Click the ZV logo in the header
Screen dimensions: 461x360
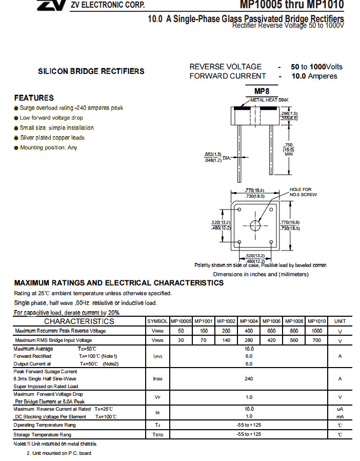pyautogui.click(x=51, y=5)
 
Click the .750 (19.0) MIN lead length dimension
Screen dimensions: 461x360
pyautogui.click(x=289, y=149)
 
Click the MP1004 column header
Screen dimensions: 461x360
pyautogui.click(x=249, y=321)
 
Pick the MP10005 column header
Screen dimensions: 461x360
pyautogui.click(x=181, y=321)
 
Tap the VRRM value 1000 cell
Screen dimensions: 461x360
pyautogui.click(x=316, y=331)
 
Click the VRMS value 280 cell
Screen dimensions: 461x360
pyautogui.click(x=249, y=340)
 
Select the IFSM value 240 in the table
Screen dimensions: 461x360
pyautogui.click(x=249, y=378)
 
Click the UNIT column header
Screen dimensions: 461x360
pyautogui.click(x=340, y=321)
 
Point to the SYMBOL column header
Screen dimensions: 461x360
pyautogui.click(x=157, y=321)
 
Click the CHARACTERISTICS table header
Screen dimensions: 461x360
pyautogui.click(x=79, y=321)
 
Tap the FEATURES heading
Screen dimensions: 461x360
pyautogui.click(x=34, y=98)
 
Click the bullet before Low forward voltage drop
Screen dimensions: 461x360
pyautogui.click(x=16, y=118)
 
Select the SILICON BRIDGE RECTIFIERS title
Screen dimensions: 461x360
pyautogui.click(x=91, y=71)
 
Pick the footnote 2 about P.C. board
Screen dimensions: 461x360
pyautogui.click(x=59, y=453)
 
